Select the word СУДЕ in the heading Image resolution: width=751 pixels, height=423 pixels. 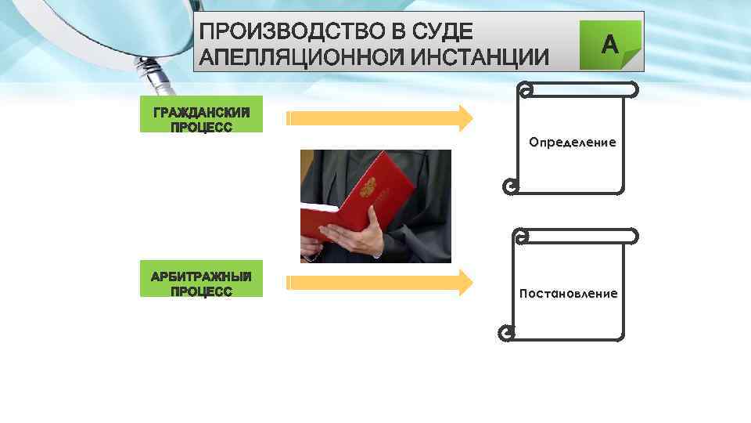[x=445, y=32]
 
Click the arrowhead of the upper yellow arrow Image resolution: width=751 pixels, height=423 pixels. [x=465, y=117]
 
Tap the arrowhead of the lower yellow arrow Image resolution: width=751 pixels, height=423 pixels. [x=465, y=283]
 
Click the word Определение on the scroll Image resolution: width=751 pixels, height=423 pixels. [x=572, y=143]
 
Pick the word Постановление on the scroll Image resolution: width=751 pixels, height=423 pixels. [x=568, y=294]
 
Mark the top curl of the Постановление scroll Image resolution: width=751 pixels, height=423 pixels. [x=519, y=235]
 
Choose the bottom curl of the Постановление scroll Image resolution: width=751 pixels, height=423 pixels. [x=506, y=334]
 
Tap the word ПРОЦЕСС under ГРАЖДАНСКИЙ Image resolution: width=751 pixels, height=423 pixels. [x=201, y=127]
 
